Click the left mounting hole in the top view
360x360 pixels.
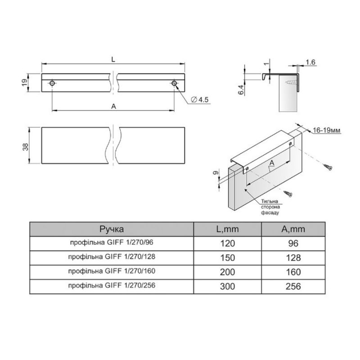[x=52, y=83]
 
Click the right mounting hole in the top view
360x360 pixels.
[x=174, y=83]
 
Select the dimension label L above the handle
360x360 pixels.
[x=113, y=59]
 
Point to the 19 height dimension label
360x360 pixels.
[x=24, y=83]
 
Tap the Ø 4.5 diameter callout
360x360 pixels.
[x=200, y=99]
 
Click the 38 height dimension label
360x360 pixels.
[x=26, y=147]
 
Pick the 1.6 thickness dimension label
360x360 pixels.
[x=310, y=62]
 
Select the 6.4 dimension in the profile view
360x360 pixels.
[x=241, y=90]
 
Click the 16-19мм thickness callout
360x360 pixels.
[x=327, y=130]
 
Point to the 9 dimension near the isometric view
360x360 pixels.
[x=216, y=173]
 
